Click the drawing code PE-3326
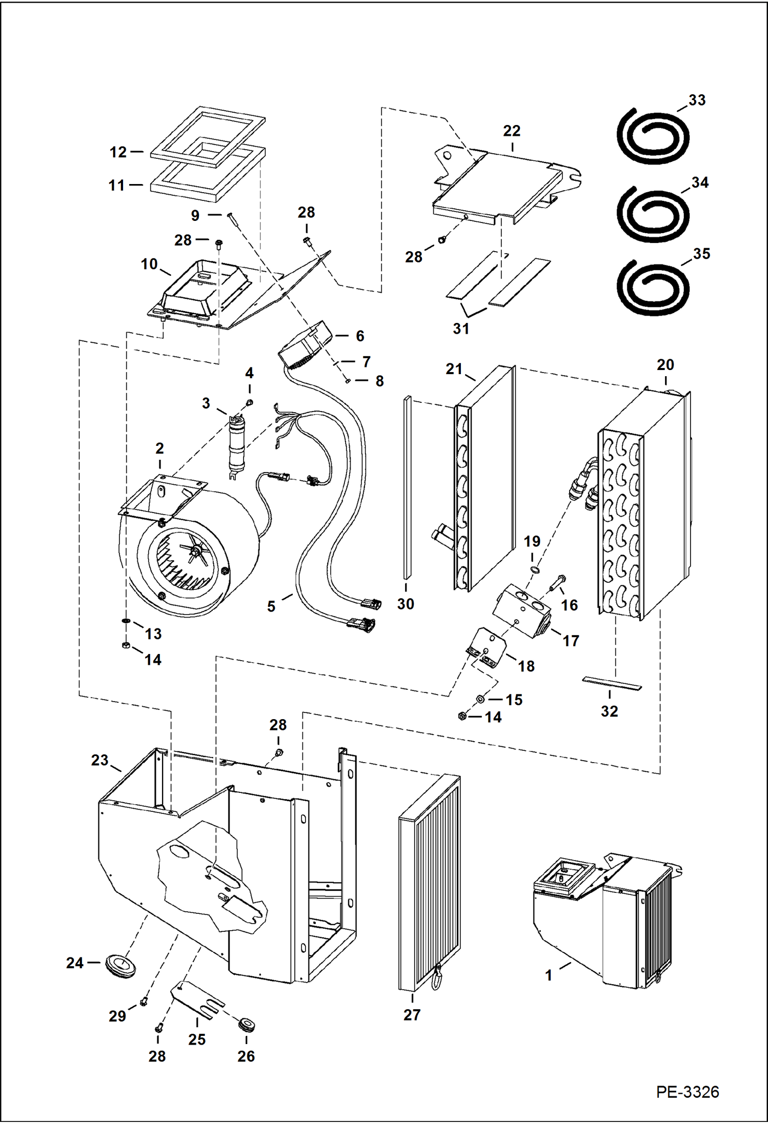click(x=687, y=1092)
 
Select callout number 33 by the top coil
click(x=697, y=100)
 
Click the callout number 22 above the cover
click(x=511, y=131)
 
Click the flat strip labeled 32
click(x=612, y=683)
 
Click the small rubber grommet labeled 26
click(x=247, y=1026)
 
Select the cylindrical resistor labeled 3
click(x=238, y=443)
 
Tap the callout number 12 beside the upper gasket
click(x=118, y=152)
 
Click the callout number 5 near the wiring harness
click(x=271, y=606)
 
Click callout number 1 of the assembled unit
click(x=549, y=975)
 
